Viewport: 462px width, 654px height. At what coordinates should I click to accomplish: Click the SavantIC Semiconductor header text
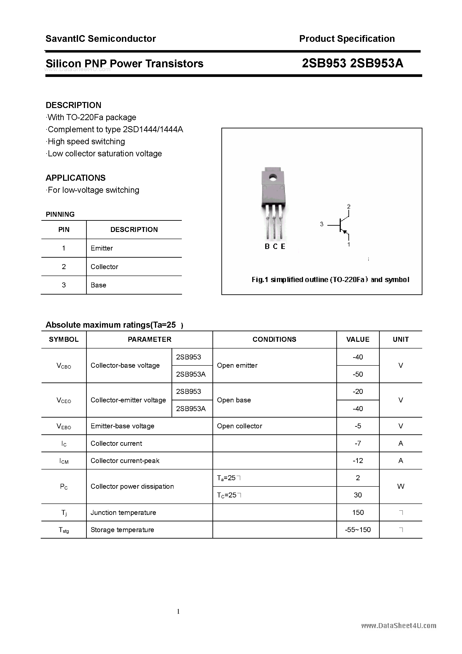101,39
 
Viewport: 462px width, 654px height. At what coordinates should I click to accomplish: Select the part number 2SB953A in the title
377,63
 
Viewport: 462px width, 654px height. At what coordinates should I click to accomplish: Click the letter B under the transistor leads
267,246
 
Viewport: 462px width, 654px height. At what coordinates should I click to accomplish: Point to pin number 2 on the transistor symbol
349,206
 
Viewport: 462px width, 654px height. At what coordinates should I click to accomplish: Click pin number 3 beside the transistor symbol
322,224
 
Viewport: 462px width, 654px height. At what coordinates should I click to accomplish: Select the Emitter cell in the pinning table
102,248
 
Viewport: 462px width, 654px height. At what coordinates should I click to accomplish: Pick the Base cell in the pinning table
98,285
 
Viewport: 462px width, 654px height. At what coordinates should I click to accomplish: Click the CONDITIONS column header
274,339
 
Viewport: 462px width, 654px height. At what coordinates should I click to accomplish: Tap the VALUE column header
358,339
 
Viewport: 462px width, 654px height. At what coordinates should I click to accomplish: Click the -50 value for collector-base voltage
358,374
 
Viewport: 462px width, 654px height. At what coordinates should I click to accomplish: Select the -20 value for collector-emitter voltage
358,391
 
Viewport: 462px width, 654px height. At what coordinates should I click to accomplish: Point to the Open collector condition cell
239,426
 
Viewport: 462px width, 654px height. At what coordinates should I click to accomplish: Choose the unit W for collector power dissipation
401,486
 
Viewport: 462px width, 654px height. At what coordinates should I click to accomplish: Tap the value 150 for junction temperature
358,512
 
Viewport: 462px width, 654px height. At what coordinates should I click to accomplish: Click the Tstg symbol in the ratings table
64,530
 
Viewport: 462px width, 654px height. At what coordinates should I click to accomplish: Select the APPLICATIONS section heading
76,178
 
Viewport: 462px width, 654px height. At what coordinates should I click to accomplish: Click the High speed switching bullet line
86,142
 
